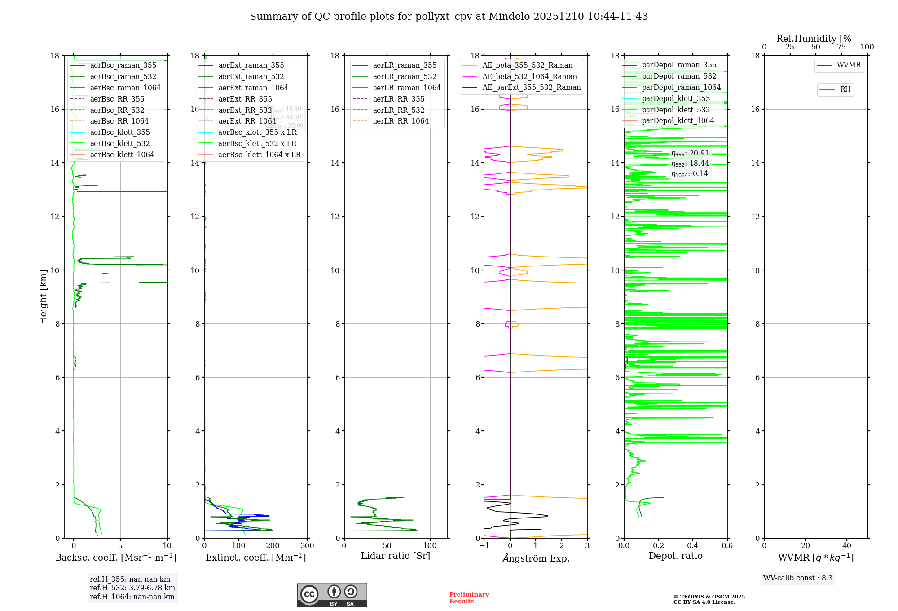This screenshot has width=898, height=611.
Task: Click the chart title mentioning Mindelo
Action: [x=449, y=17]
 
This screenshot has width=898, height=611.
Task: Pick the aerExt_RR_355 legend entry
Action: [x=245, y=99]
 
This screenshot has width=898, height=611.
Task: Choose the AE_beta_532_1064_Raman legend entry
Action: [x=529, y=76]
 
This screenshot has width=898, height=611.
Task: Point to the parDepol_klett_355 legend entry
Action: [x=676, y=98]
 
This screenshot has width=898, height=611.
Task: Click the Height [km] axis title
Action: [x=43, y=297]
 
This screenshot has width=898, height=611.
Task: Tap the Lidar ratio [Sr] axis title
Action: [x=395, y=556]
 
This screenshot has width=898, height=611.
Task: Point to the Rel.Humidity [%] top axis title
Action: [x=815, y=39]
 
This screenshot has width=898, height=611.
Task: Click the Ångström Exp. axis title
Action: [x=536, y=558]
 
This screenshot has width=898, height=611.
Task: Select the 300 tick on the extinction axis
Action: [x=307, y=546]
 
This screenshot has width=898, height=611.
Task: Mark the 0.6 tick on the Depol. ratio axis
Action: [x=727, y=546]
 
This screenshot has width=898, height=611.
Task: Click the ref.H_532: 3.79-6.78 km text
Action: [x=132, y=588]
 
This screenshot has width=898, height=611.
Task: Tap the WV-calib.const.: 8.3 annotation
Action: [x=797, y=578]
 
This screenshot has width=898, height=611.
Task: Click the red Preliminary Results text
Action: [x=469, y=598]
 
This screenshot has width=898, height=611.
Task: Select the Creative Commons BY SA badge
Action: [x=332, y=595]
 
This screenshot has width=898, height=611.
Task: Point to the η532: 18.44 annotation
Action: [x=690, y=164]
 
